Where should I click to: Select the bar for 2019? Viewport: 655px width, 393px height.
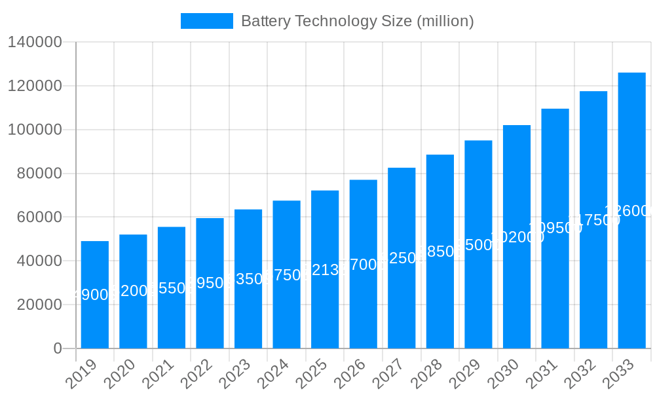tap(95, 295)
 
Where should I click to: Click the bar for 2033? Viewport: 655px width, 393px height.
tap(631, 210)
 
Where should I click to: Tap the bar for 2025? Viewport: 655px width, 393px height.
tap(325, 269)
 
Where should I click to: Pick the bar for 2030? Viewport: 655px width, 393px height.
tap(517, 236)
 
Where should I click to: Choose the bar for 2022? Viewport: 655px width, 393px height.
tap(210, 283)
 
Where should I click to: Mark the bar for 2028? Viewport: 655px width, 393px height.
tap(440, 252)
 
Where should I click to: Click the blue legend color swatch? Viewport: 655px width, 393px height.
tap(207, 21)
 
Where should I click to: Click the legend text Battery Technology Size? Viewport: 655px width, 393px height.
tap(357, 21)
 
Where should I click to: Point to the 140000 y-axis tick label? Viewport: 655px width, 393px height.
tap(35, 43)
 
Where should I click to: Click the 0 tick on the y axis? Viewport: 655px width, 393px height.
tap(58, 348)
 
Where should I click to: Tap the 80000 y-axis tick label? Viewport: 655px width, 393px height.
tap(39, 174)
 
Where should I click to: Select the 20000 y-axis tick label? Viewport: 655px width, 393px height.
tap(39, 305)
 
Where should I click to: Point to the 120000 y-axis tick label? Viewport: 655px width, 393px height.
tap(35, 86)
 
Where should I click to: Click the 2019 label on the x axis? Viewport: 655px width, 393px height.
tap(82, 373)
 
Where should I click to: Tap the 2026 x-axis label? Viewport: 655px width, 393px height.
tap(350, 373)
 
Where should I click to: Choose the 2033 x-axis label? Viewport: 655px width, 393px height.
tap(619, 373)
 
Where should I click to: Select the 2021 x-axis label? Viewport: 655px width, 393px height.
tap(159, 373)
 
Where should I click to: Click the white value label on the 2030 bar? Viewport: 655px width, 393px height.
tap(517, 237)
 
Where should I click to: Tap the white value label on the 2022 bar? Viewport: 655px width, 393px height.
tap(210, 284)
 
